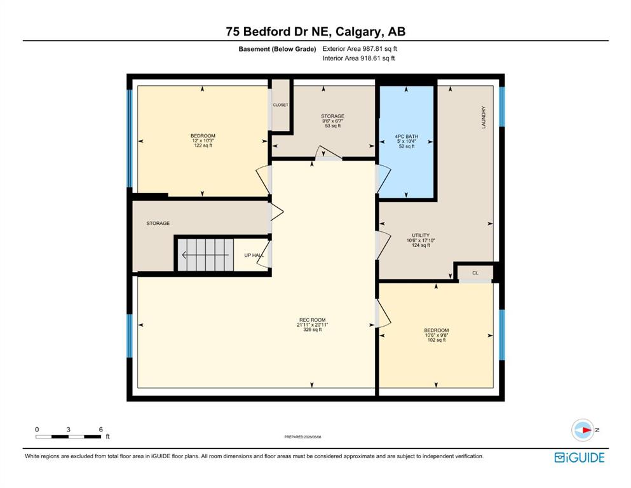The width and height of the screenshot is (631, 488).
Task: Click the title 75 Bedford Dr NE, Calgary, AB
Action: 315,31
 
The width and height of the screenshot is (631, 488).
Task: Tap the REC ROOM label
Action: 312,320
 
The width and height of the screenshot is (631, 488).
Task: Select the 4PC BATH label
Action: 407,137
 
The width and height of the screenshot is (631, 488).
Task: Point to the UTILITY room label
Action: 421,235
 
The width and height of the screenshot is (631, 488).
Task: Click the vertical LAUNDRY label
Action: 484,118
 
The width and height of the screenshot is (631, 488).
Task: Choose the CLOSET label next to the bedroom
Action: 280,105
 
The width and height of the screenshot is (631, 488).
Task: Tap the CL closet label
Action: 475,273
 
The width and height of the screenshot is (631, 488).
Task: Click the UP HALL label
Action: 254,255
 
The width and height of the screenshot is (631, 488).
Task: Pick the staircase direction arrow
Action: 205,255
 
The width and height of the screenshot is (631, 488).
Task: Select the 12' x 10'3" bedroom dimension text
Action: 203,141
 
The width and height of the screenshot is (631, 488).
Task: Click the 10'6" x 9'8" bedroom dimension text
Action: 436,335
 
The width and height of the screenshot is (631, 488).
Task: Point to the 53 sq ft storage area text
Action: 333,126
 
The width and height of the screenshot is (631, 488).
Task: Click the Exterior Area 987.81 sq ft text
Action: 360,49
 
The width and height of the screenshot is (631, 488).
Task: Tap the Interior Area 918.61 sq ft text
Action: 358,58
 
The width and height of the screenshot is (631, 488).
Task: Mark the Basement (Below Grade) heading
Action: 277,49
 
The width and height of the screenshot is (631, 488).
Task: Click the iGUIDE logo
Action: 580,458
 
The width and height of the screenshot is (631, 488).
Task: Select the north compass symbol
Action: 583,430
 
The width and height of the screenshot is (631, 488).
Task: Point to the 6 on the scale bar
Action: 101,430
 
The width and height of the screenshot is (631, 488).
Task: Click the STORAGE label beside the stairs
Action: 158,223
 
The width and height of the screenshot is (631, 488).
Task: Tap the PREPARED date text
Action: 302,437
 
